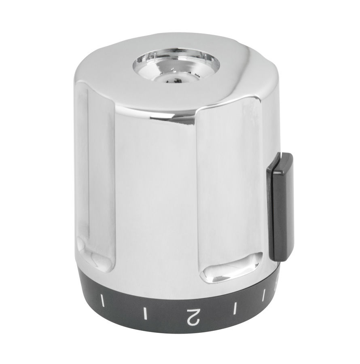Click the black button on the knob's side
[281, 206]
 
